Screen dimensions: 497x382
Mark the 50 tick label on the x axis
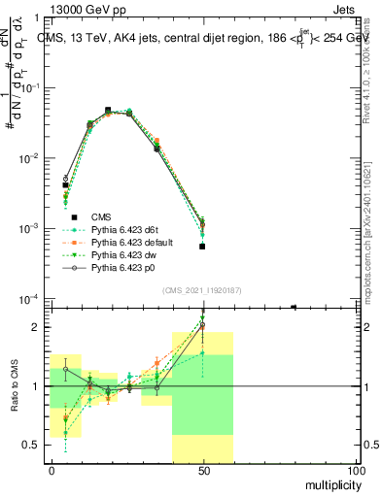[x=203, y=470]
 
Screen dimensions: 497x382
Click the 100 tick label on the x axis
[x=355, y=470]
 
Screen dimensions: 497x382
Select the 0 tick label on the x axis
[x=52, y=470]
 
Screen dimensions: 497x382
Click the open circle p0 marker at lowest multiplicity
[x=66, y=179]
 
